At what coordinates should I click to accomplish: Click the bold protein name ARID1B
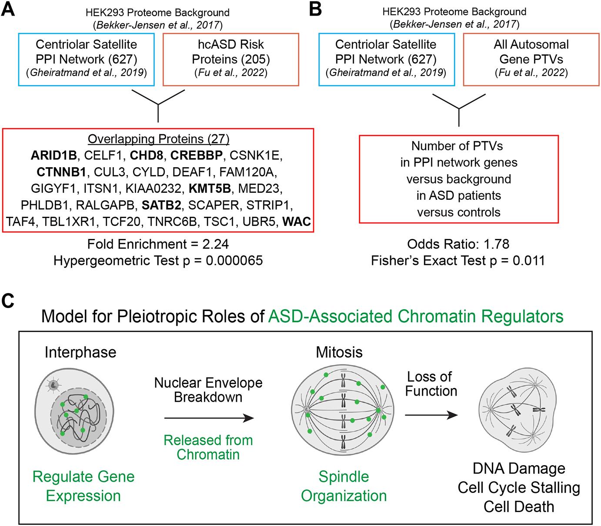(53, 155)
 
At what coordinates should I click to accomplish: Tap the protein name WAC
(297, 222)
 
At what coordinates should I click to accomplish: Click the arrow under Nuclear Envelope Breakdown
(209, 418)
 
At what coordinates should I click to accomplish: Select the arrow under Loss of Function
(431, 415)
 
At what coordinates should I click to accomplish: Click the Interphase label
(80, 352)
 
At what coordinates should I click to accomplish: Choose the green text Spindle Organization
(344, 486)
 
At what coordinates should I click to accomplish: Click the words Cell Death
(519, 506)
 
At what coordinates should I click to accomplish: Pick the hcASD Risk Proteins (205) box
(231, 59)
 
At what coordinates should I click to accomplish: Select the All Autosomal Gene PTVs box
(531, 59)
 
